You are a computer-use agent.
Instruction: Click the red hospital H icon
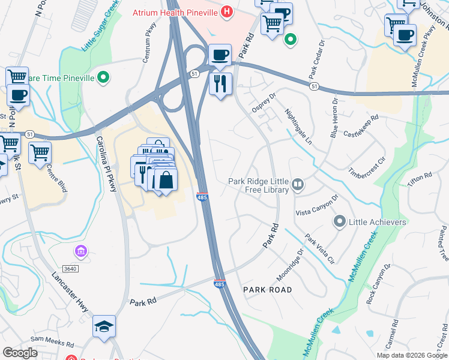tap(226, 11)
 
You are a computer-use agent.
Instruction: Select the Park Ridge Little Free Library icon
tap(298, 184)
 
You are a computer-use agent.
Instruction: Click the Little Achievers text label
tap(378, 222)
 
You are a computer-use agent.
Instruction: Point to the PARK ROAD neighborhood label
tap(267, 290)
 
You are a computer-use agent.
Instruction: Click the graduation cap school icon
tap(104, 326)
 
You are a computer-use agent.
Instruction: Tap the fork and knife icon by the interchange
tap(220, 83)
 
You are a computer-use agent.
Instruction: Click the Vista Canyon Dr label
tap(317, 205)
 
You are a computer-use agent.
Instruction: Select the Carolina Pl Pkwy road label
tap(107, 163)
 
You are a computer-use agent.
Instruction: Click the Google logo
tap(20, 353)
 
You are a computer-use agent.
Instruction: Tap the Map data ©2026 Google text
tap(412, 355)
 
